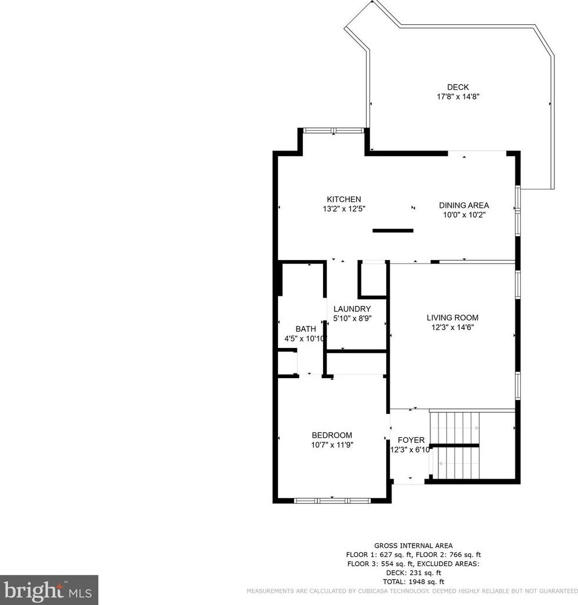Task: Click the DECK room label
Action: (458, 87)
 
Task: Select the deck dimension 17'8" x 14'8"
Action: (458, 97)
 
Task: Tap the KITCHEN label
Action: (343, 199)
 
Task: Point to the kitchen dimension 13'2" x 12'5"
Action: (343, 209)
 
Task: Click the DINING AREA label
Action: (463, 205)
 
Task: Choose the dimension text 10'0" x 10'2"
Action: (463, 215)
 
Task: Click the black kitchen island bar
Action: (393, 230)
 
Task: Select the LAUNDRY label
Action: (352, 309)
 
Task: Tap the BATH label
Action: (306, 329)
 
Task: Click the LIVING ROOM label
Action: (452, 317)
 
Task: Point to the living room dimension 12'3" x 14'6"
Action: (452, 327)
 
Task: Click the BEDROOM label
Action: (332, 435)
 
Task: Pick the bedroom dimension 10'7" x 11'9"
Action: (332, 445)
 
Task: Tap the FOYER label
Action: (411, 440)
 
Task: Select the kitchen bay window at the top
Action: (334, 130)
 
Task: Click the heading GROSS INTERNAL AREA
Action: (414, 545)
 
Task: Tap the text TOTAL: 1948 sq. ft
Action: (414, 581)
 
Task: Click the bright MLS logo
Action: (49, 590)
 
